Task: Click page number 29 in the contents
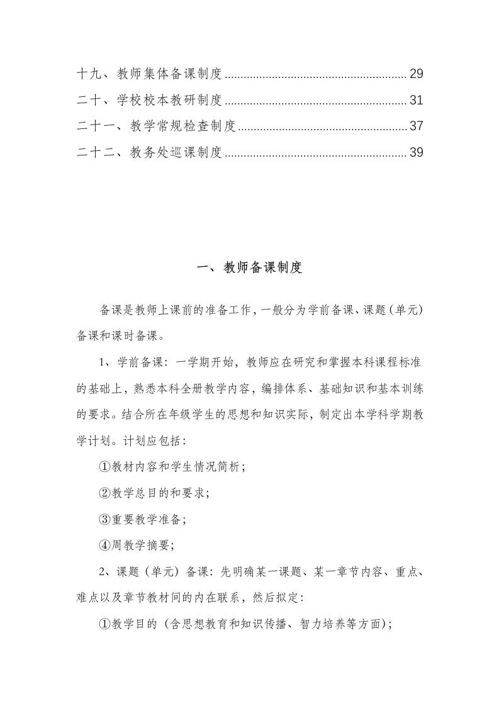tap(416, 74)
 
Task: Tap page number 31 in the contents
tap(416, 100)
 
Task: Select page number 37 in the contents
tap(416, 126)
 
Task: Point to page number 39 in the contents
tap(416, 152)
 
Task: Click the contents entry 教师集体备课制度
tap(169, 74)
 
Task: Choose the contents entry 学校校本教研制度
tap(169, 100)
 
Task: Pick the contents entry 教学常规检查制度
tap(182, 126)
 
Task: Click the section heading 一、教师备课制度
tap(250, 268)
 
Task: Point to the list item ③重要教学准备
tap(142, 519)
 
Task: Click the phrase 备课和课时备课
tap(116, 335)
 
